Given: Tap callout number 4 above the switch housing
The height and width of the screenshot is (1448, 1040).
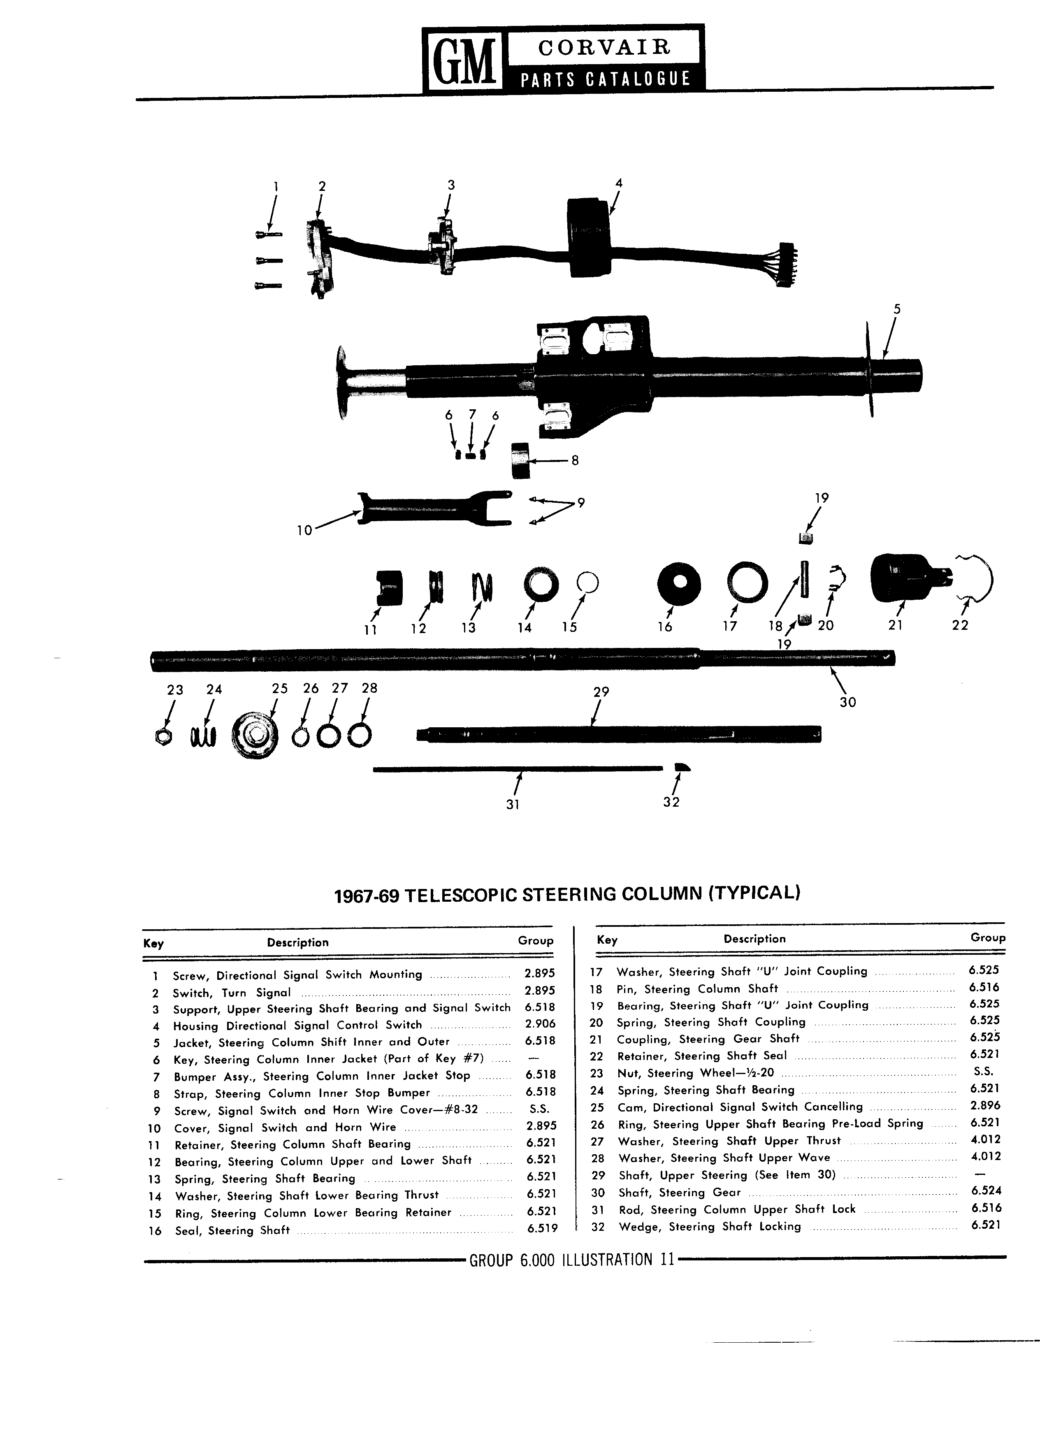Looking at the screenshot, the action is (x=618, y=183).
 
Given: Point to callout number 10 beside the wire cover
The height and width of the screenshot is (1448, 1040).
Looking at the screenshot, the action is (x=304, y=529).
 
